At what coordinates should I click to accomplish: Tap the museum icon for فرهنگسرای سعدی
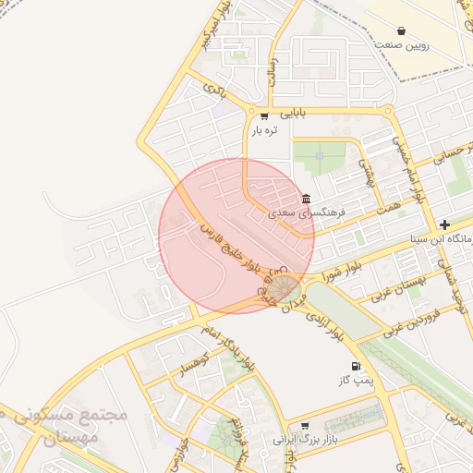click(x=306, y=200)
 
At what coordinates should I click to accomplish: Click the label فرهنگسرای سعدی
click(x=307, y=212)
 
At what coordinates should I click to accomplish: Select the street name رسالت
click(x=272, y=67)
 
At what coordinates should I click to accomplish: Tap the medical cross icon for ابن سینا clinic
click(x=444, y=224)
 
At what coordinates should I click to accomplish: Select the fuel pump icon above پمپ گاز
click(x=357, y=367)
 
